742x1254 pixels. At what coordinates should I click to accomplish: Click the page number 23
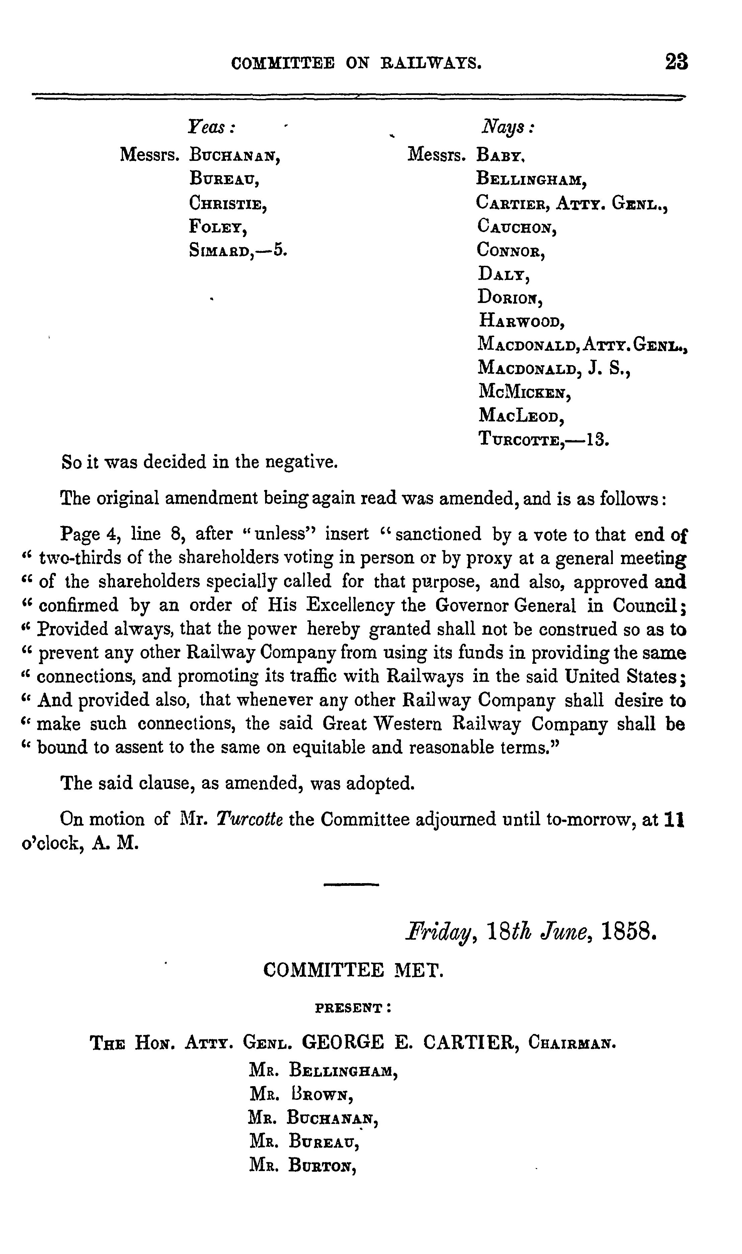(676, 63)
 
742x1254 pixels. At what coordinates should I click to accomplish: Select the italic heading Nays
(506, 128)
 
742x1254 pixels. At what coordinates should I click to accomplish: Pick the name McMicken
(524, 392)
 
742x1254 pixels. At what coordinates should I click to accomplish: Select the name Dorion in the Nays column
(509, 297)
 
